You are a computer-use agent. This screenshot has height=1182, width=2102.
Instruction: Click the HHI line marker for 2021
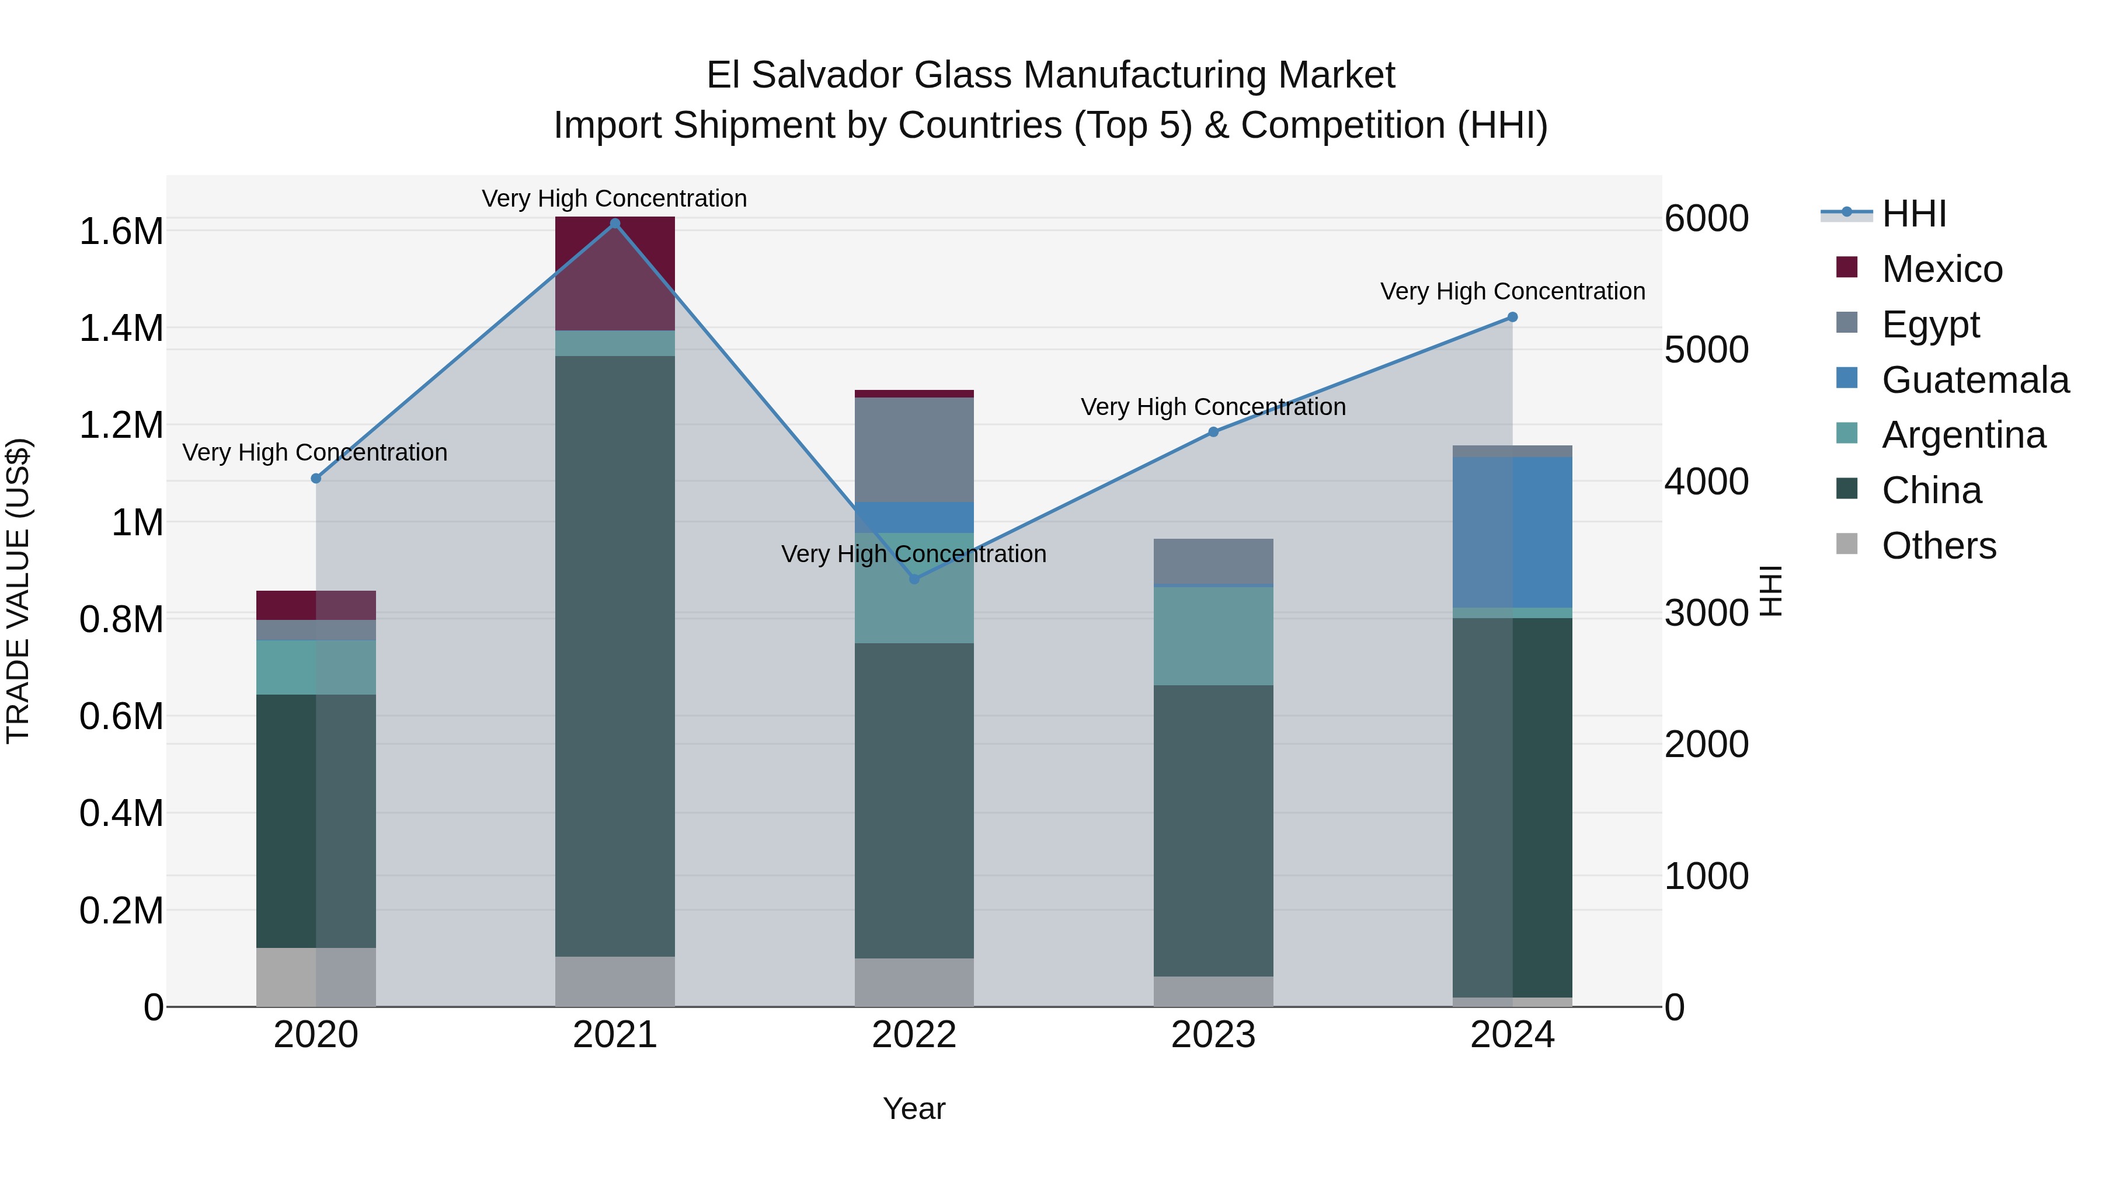(615, 224)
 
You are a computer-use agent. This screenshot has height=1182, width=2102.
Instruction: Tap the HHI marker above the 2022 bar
(914, 579)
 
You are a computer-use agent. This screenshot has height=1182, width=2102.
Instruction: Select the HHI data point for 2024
(1512, 318)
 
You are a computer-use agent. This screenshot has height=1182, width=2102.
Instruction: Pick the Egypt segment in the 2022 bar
(914, 449)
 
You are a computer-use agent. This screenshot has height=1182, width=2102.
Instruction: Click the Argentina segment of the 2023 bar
(1213, 636)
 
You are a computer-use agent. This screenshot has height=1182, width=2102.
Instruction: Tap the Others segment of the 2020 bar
(316, 977)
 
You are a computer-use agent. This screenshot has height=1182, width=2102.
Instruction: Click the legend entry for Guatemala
(1975, 380)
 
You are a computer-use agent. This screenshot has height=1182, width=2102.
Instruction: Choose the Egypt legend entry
(1930, 325)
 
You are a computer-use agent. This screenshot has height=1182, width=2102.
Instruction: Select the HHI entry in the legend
(1913, 214)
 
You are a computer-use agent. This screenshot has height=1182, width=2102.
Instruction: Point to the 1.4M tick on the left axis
(121, 329)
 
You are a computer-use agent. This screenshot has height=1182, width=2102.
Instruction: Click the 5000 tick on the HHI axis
(1706, 350)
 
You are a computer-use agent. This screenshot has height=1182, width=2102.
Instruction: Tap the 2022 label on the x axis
(914, 1035)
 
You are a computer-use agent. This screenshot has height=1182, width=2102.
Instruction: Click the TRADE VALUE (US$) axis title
(18, 591)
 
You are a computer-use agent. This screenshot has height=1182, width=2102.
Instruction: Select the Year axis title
(914, 1108)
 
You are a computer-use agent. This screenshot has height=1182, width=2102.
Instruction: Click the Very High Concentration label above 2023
(1213, 406)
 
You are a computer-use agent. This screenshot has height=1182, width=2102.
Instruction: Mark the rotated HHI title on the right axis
(1771, 591)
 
